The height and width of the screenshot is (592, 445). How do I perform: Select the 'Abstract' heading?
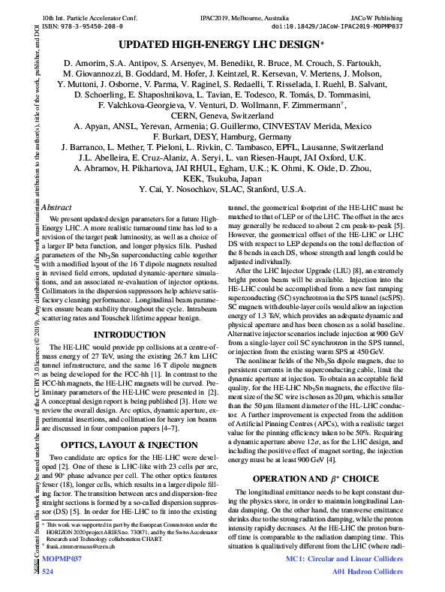[x=57, y=206]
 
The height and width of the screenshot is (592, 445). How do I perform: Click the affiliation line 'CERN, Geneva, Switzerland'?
[x=221, y=116]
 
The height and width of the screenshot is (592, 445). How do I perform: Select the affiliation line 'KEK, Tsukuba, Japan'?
[x=221, y=179]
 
